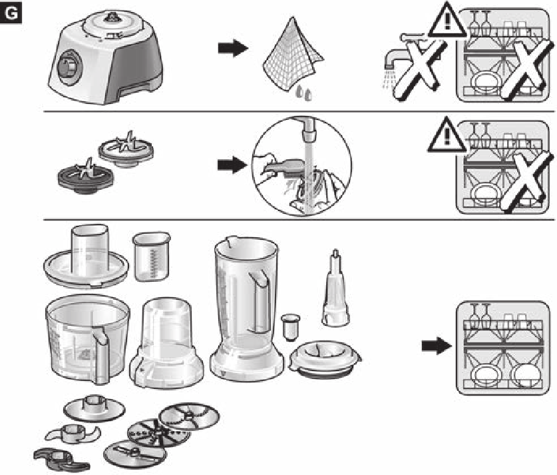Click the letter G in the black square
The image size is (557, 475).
coord(11,13)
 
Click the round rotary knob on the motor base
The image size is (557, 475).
coord(69,67)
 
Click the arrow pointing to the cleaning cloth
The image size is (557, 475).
coord(233,48)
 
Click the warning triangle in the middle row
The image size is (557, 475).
coord(447,135)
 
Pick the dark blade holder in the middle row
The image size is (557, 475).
coord(86,177)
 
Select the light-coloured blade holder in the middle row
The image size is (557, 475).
coord(126,149)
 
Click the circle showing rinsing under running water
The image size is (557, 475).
coord(301,167)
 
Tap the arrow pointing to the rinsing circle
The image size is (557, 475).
coord(232,165)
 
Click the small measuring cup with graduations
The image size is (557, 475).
coord(152,256)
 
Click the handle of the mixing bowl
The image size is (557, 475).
coord(100,356)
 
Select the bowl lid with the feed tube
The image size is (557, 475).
coord(86,257)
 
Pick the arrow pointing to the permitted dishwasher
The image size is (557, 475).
coord(437,346)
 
